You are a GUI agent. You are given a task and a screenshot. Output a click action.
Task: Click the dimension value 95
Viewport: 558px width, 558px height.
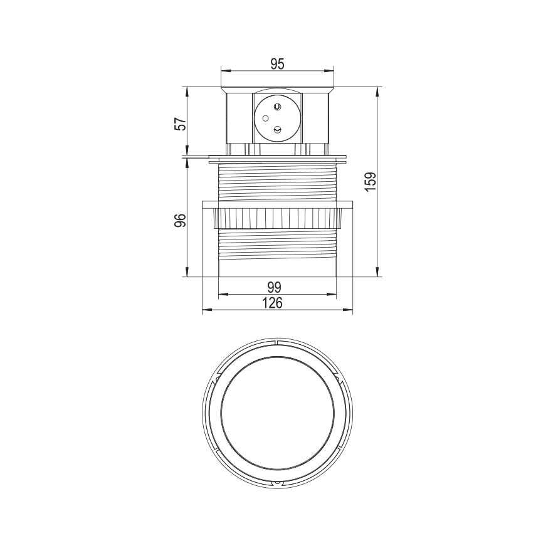[x=278, y=64]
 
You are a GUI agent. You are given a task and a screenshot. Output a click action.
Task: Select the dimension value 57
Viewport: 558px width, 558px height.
[x=181, y=124]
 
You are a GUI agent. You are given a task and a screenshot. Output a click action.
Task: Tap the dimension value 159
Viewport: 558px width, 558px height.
[x=371, y=181]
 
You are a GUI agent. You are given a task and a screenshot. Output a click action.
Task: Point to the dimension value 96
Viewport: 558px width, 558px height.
[x=181, y=221]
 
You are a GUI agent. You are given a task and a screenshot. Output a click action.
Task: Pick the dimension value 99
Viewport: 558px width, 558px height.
[x=274, y=287]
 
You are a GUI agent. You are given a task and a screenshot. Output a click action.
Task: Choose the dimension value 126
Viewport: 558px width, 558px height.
[x=273, y=303]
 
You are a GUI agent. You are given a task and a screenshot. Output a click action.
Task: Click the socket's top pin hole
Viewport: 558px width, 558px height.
[x=276, y=107]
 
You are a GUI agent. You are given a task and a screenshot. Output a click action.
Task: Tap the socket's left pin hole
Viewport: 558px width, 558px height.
[x=265, y=118]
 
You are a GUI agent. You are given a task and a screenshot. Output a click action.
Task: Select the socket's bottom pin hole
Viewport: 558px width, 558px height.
[x=276, y=130]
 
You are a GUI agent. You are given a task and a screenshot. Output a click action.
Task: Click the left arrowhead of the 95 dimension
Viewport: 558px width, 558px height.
[x=225, y=70]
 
